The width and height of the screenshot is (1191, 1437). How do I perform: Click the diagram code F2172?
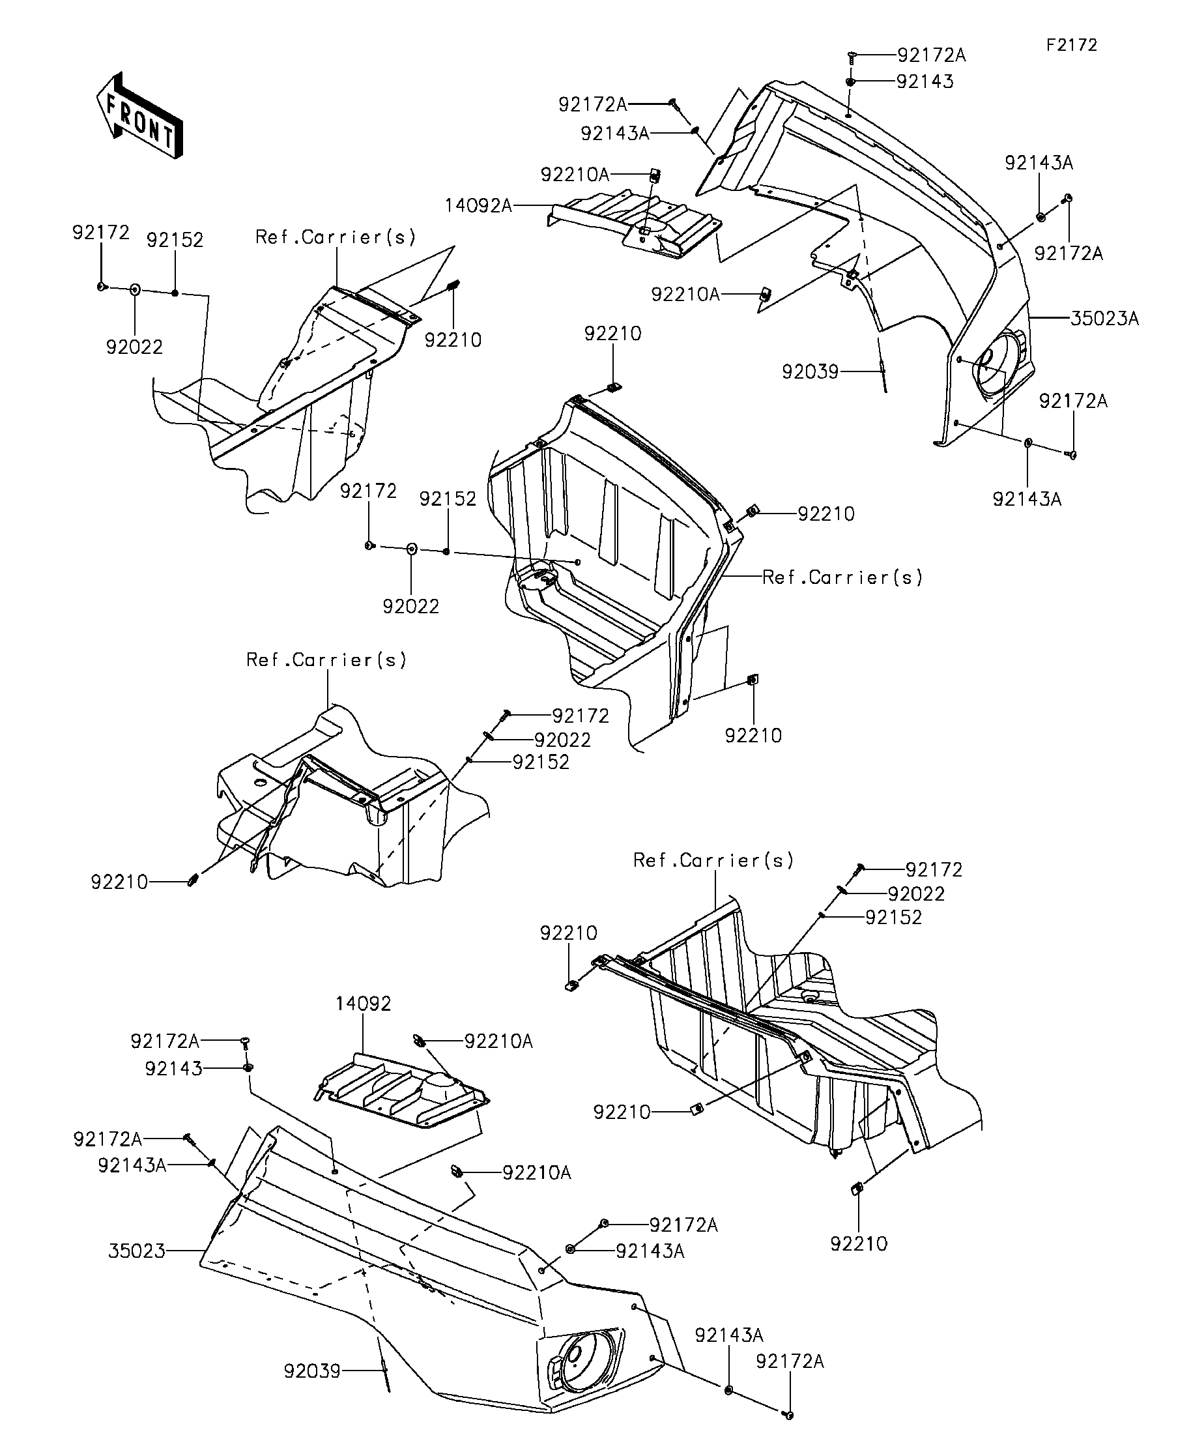click(1071, 45)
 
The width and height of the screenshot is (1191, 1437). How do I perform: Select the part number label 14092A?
click(478, 205)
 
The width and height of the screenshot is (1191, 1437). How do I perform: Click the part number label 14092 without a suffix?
click(364, 1004)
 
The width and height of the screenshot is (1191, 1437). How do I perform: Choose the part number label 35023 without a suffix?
click(137, 1251)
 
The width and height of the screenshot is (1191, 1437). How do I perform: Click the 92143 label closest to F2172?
click(925, 81)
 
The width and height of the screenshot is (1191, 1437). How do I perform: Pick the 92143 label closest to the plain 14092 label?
click(174, 1068)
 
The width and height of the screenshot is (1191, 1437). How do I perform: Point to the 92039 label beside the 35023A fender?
click(810, 371)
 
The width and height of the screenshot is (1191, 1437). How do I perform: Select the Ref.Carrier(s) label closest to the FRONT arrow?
click(335, 237)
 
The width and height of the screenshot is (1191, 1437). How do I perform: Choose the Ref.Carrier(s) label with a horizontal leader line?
click(842, 577)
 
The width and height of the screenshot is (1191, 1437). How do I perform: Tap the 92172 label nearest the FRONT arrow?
click(100, 233)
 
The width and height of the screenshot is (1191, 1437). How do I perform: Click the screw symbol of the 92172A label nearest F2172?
click(852, 55)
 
